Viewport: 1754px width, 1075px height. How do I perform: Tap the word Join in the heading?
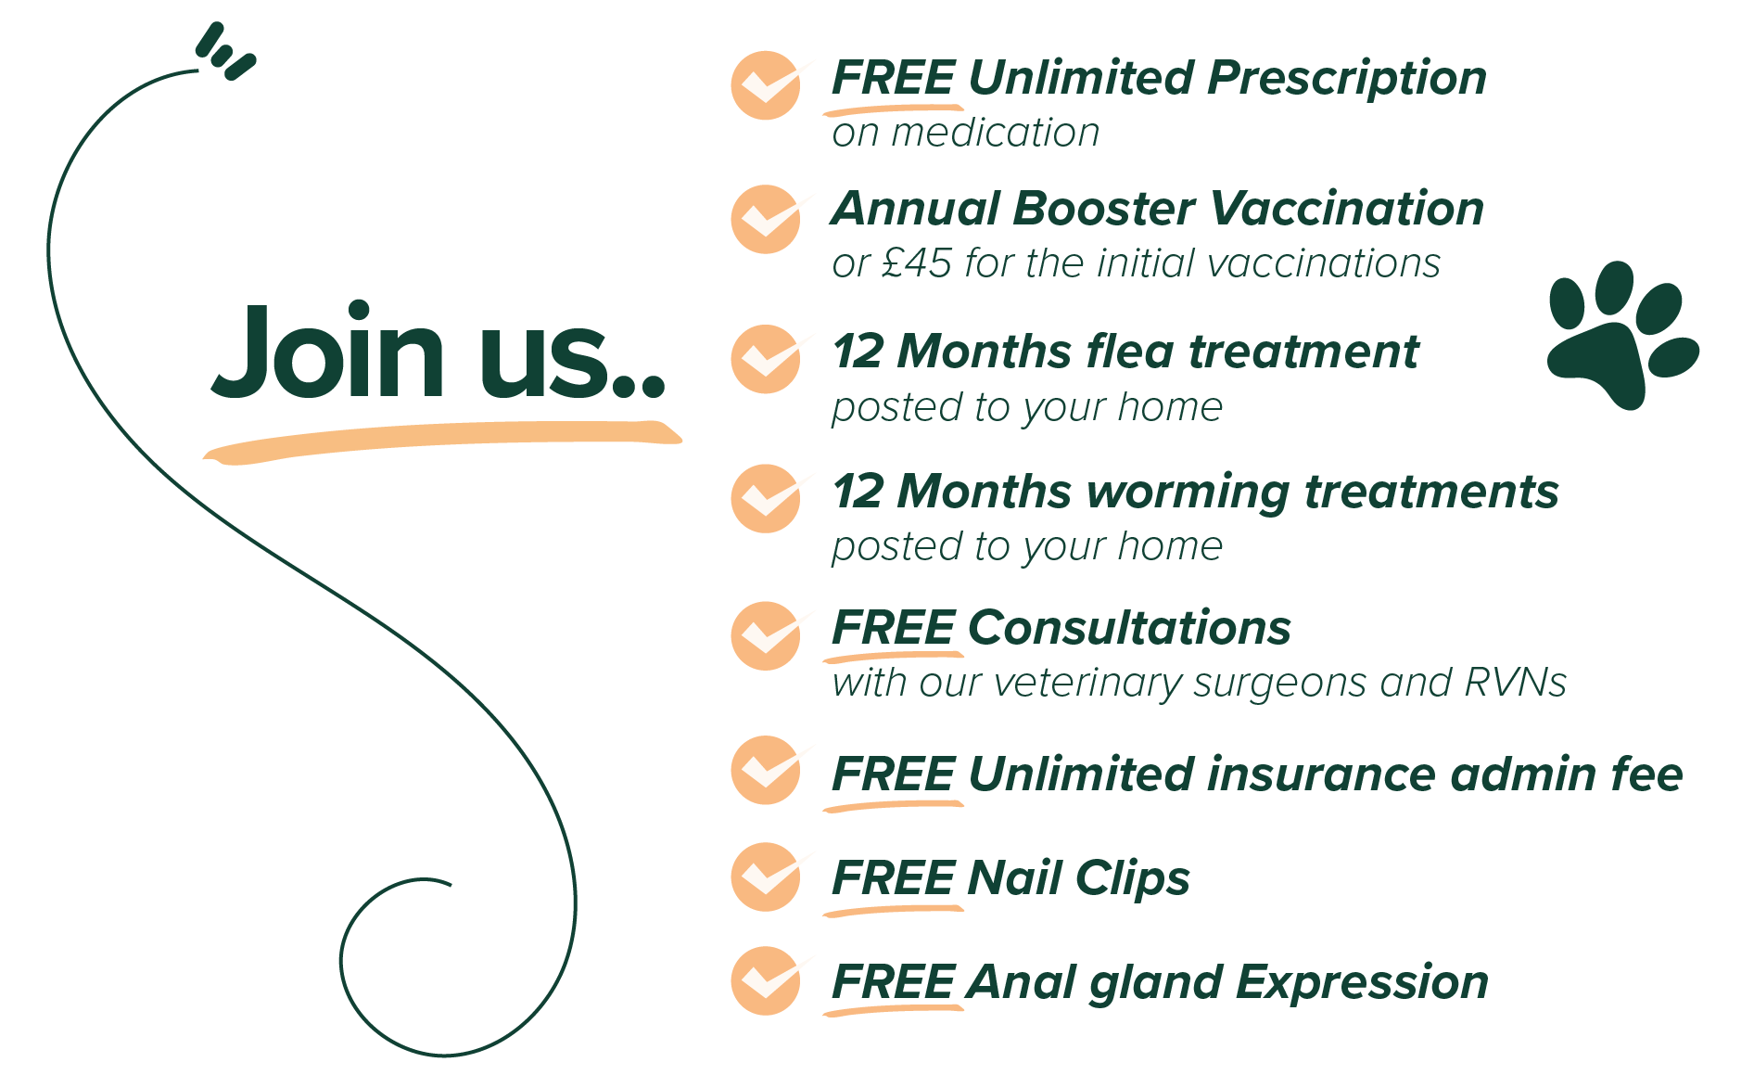click(329, 352)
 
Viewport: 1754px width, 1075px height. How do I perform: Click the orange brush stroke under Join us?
click(442, 442)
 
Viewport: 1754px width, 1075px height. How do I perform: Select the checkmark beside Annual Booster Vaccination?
click(767, 219)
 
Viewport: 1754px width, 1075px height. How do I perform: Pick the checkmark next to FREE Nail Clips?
click(767, 877)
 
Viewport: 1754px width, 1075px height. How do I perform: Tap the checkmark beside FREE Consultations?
click(767, 636)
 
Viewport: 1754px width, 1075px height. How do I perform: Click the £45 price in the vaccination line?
click(916, 263)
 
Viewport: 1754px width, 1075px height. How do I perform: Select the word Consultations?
click(1129, 628)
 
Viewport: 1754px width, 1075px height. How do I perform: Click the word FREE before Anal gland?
click(894, 982)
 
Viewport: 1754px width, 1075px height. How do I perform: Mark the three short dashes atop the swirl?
click(225, 52)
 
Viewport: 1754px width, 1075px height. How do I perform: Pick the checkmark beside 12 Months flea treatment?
click(767, 359)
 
